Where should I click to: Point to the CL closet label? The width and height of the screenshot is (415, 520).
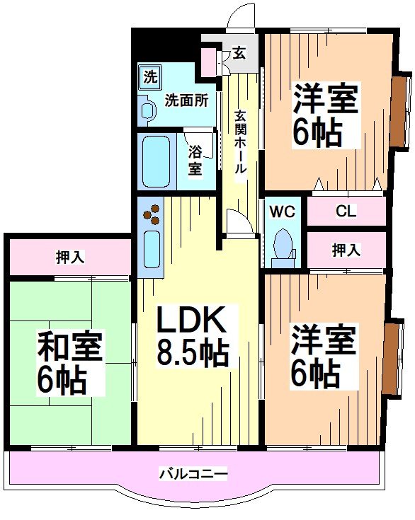click(346, 211)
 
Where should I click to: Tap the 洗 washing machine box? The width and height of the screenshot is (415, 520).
click(149, 76)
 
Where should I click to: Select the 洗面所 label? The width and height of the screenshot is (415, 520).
click(186, 100)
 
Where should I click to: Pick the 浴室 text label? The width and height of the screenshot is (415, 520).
click(195, 160)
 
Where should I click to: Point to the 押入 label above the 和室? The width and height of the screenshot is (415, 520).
click(70, 257)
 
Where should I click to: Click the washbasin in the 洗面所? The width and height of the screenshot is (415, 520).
click(149, 110)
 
